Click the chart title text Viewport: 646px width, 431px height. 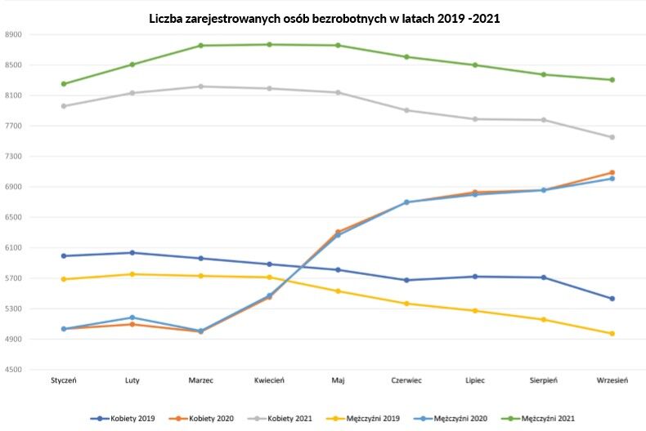324,17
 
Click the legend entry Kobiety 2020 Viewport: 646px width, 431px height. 205,419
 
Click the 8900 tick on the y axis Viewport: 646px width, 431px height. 14,35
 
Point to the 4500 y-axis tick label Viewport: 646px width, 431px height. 14,371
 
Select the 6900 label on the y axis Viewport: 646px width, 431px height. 14,188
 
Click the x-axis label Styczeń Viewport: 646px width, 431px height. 63,380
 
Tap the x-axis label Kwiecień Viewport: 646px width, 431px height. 269,380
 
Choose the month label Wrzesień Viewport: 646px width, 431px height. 612,380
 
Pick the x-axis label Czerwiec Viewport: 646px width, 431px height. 406,380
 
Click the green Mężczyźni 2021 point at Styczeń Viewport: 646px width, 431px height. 64,84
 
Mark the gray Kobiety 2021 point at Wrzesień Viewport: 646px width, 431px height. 612,137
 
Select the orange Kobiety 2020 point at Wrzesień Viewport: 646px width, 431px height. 612,172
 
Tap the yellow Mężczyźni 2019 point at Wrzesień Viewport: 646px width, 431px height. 612,333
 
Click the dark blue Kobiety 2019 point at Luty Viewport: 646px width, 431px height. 132,253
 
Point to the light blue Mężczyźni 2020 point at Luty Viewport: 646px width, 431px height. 132,318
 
